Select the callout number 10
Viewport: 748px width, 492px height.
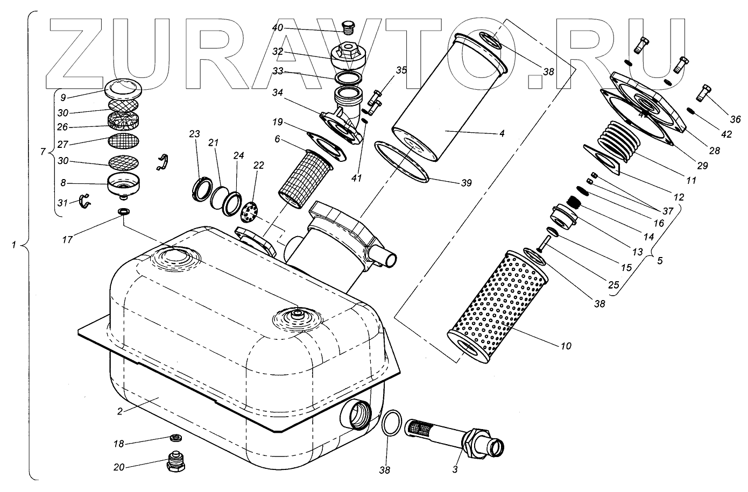pyautogui.click(x=566, y=346)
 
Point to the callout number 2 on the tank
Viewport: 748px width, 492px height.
pyautogui.click(x=121, y=411)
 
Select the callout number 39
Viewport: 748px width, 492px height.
pyautogui.click(x=466, y=183)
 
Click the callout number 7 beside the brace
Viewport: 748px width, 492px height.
pyautogui.click(x=44, y=152)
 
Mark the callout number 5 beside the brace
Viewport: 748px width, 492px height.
pyautogui.click(x=660, y=260)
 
